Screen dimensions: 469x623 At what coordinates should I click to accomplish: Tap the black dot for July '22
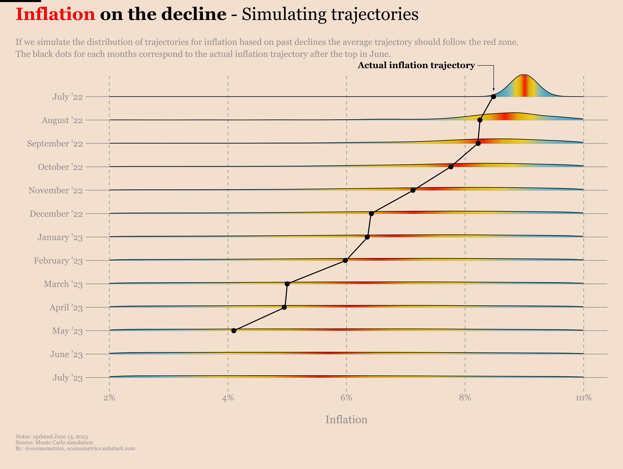tap(493, 97)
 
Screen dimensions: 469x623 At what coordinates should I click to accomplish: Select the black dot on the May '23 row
tap(234, 331)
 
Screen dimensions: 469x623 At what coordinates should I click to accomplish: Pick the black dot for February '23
tap(345, 260)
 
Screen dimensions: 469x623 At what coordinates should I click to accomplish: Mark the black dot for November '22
tap(413, 190)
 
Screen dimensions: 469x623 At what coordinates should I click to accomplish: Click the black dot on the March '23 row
tap(287, 284)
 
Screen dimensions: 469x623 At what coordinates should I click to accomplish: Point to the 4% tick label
tap(228, 398)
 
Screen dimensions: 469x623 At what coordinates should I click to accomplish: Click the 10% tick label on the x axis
tap(583, 398)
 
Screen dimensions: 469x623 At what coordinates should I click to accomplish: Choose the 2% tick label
tap(109, 398)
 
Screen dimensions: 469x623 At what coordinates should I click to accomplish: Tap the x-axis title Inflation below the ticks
tap(346, 419)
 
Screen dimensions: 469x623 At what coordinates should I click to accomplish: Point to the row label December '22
tap(56, 214)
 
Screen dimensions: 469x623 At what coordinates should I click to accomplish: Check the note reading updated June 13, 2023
tap(52, 437)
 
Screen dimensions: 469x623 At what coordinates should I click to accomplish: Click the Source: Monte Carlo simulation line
tap(54, 443)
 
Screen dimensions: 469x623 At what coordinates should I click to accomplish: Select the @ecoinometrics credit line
tap(75, 448)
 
